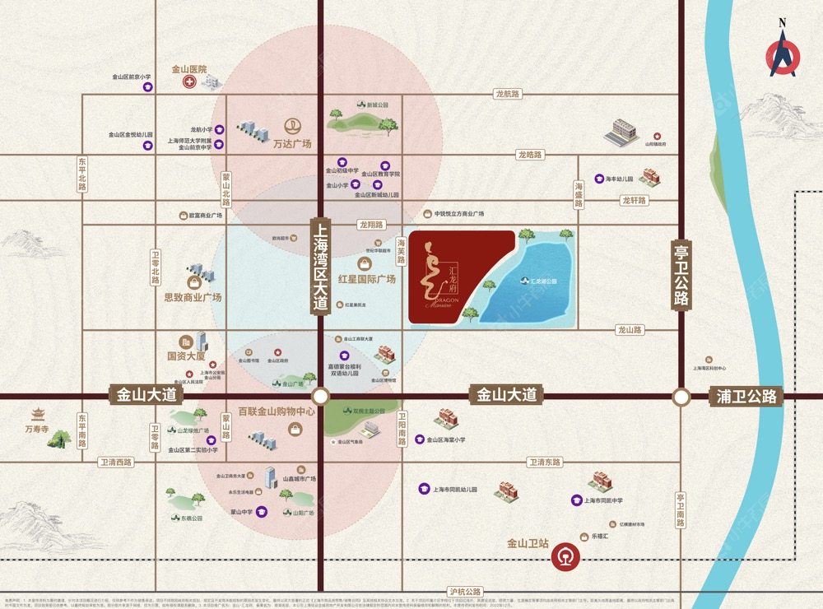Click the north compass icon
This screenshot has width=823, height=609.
tap(783, 54)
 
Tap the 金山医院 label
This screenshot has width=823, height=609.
tap(188, 70)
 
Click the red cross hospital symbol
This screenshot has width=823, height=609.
tap(189, 83)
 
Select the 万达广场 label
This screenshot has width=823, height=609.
tap(292, 144)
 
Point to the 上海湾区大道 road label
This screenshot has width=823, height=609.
tap(320, 264)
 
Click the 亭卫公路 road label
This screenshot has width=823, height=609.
tap(681, 274)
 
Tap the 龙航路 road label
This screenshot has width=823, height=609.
tap(508, 95)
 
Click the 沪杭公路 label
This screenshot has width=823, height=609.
tap(465, 592)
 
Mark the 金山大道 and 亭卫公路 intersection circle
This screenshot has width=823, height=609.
tap(681, 397)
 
